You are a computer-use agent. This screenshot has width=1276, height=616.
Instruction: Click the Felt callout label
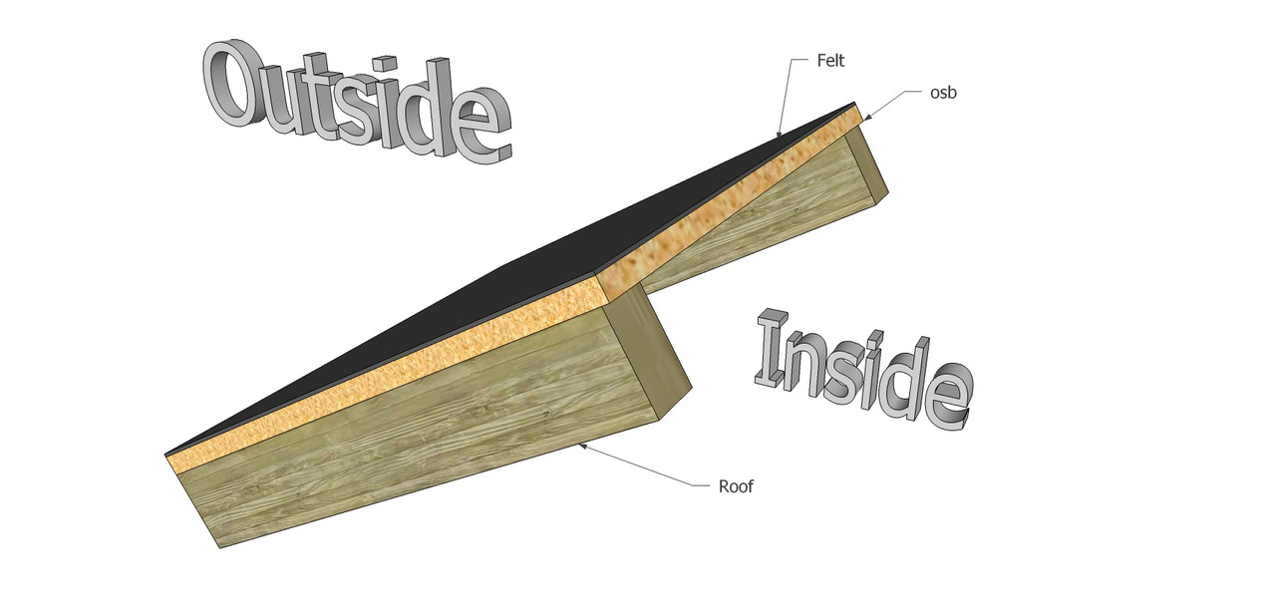830,61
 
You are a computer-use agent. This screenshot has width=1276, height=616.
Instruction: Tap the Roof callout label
736,486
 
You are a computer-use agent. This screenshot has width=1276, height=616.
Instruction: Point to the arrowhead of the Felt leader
778,135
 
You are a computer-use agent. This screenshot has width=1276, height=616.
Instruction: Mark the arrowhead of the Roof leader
581,446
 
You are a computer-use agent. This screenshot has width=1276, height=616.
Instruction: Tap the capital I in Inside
773,351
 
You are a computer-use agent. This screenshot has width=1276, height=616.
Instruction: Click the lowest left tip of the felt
166,455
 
